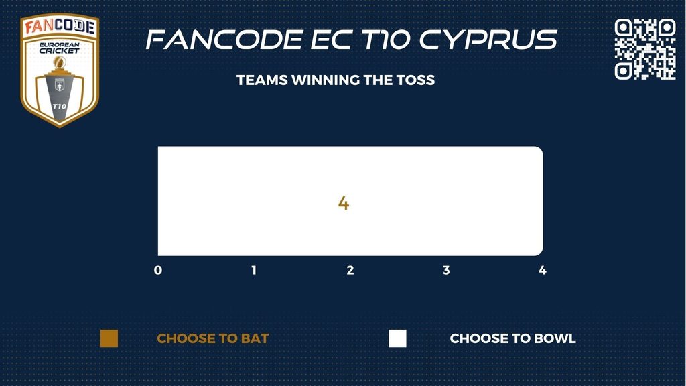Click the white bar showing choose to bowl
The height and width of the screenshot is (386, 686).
pyautogui.click(x=350, y=201)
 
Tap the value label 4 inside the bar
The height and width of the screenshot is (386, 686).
pyautogui.click(x=344, y=204)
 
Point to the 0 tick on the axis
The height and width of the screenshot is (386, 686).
pyautogui.click(x=158, y=271)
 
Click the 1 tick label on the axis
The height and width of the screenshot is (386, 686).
pyautogui.click(x=254, y=271)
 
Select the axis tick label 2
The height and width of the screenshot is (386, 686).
pyautogui.click(x=350, y=271)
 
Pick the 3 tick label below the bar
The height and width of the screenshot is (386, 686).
pyautogui.click(x=446, y=271)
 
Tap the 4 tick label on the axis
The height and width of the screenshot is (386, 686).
pyautogui.click(x=543, y=271)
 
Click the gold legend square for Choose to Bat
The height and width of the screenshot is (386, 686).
pyautogui.click(x=109, y=338)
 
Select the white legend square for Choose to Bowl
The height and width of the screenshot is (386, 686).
pyautogui.click(x=397, y=338)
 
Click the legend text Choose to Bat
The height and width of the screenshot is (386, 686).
pyautogui.click(x=212, y=338)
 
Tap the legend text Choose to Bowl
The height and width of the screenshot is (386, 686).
pyautogui.click(x=512, y=338)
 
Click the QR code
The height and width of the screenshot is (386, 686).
pyautogui.click(x=645, y=49)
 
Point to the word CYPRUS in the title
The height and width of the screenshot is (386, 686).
pyautogui.click(x=488, y=40)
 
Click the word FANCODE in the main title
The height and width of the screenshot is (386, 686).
pyautogui.click(x=224, y=40)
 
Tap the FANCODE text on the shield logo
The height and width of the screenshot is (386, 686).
pyautogui.click(x=60, y=27)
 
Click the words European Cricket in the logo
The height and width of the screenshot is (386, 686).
pyautogui.click(x=60, y=48)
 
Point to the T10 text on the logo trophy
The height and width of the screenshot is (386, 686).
pyautogui.click(x=60, y=107)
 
